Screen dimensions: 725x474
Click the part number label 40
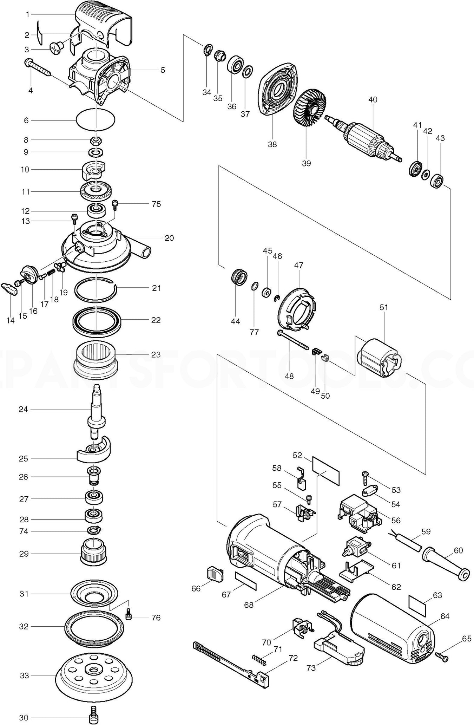click(x=373, y=100)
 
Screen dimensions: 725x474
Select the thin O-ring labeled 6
click(x=96, y=120)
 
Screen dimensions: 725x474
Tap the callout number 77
click(x=254, y=332)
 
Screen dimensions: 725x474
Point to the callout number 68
click(x=249, y=605)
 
